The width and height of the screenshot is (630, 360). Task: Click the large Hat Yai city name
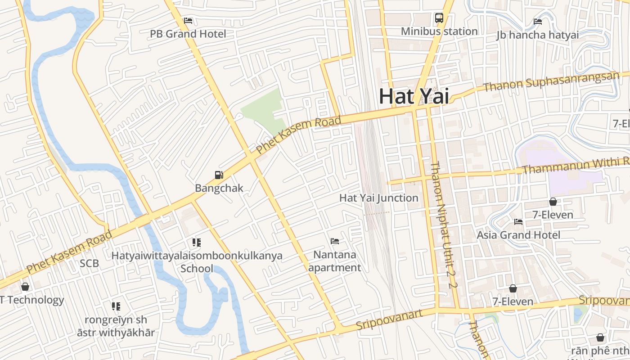click(414, 96)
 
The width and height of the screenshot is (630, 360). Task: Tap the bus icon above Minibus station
click(439, 18)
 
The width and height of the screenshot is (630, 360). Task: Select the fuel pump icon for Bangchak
click(219, 175)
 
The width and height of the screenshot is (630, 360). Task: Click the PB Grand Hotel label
click(188, 34)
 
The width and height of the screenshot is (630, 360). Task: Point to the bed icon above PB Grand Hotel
click(188, 21)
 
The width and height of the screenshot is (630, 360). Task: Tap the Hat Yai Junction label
click(378, 198)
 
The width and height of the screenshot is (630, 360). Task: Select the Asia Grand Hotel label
click(518, 235)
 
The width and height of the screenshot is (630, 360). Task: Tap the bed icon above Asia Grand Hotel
click(518, 222)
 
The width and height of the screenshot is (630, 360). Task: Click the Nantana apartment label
click(335, 261)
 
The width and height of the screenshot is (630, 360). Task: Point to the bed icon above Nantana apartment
click(335, 241)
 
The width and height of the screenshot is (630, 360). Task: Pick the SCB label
click(89, 263)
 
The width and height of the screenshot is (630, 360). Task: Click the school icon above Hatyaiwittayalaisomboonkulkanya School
click(197, 243)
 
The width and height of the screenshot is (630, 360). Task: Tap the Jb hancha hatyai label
click(537, 35)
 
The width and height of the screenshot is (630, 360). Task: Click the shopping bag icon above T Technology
click(26, 287)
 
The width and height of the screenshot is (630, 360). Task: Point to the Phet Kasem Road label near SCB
click(69, 252)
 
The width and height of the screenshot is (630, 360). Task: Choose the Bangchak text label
click(219, 188)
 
